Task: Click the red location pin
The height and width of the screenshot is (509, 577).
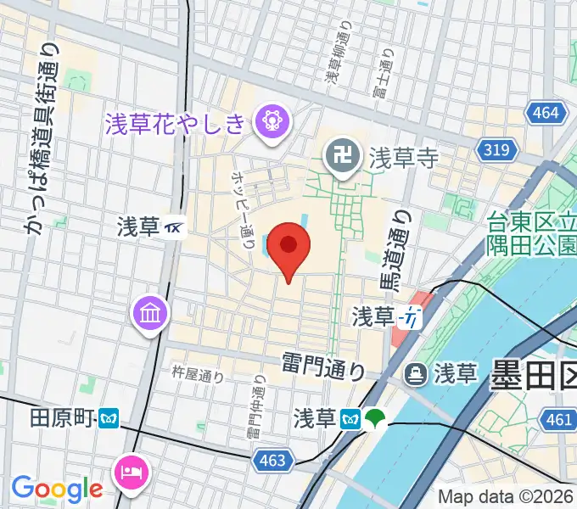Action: point(289,247)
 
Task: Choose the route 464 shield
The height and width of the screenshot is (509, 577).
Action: point(542,112)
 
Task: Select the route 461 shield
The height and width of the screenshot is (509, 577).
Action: point(559,419)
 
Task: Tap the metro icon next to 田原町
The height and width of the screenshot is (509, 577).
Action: point(109,418)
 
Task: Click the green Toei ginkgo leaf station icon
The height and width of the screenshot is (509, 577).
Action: point(375,417)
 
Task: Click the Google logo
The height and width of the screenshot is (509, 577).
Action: point(57,489)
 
